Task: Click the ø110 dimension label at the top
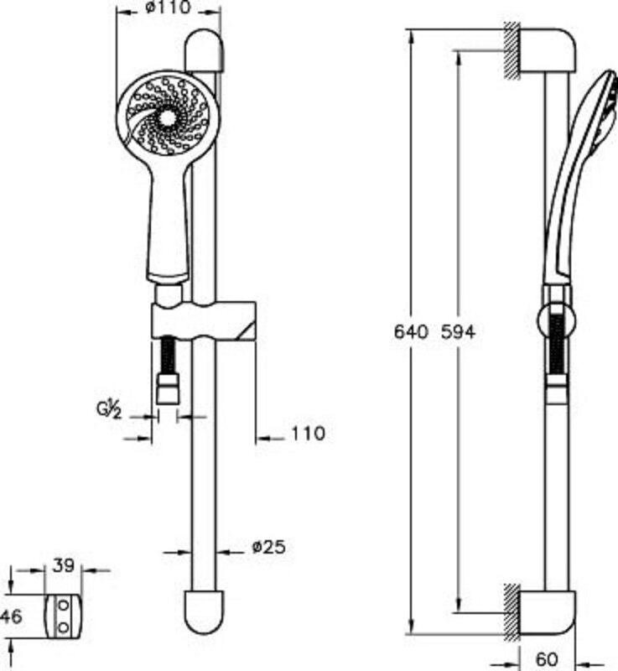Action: (x=168, y=8)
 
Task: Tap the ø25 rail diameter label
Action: (x=268, y=547)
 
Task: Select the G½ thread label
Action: (x=110, y=410)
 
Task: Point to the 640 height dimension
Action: (x=411, y=331)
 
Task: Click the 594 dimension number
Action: (x=458, y=331)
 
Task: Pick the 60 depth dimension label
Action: (x=547, y=659)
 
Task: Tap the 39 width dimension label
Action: (x=63, y=565)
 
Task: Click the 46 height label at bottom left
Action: (x=11, y=616)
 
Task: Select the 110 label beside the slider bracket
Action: (x=309, y=434)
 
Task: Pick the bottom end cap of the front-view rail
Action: (x=204, y=611)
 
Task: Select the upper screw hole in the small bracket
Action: (x=63, y=606)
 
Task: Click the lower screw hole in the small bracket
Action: (x=63, y=627)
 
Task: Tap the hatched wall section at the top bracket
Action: (x=512, y=50)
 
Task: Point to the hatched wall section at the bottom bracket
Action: (x=512, y=612)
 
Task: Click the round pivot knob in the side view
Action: (x=557, y=321)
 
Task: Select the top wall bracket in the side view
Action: (x=548, y=50)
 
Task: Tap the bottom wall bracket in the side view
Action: (x=548, y=612)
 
